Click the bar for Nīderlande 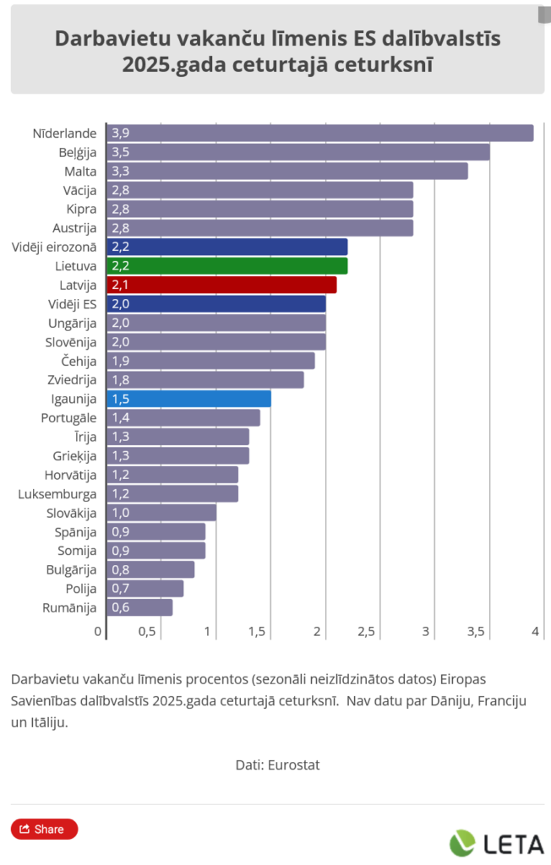click(319, 133)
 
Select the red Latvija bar click(221, 286)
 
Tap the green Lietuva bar click(226, 266)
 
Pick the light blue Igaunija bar click(188, 399)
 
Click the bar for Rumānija click(139, 607)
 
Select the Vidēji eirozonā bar click(226, 247)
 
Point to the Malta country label click(80, 171)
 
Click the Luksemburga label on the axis click(57, 494)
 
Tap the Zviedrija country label click(71, 380)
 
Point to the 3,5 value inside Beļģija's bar click(120, 153)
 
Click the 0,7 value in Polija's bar click(120, 589)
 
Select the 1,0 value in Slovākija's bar click(120, 513)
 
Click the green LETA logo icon click(462, 843)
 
